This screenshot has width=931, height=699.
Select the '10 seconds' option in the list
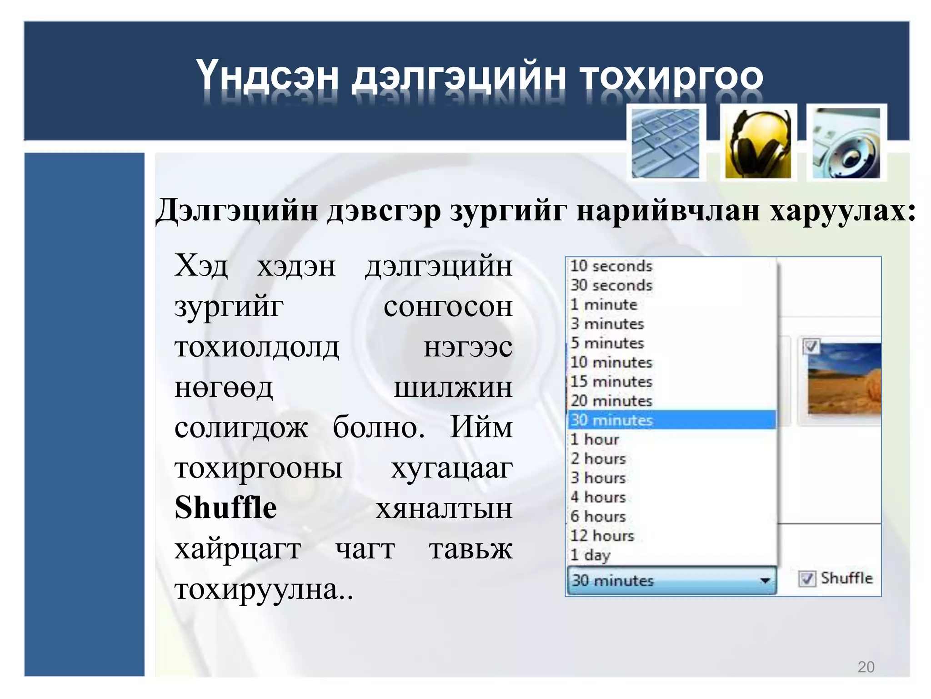point(611,266)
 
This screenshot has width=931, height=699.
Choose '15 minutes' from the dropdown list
point(611,381)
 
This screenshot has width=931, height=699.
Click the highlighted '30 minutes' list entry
point(611,420)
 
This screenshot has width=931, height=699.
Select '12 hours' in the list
point(602,536)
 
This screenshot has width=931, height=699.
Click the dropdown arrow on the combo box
point(765,580)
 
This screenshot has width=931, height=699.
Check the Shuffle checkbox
point(806,579)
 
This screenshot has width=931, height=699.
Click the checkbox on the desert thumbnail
point(811,346)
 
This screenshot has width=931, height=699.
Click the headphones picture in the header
point(758,143)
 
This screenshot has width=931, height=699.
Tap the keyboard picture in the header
point(666,143)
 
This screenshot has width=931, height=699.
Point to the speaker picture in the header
point(846,143)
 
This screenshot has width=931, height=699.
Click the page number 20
point(866,667)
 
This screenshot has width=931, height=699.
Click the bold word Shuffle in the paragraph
point(225,508)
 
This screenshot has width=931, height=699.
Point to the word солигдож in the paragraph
point(241,428)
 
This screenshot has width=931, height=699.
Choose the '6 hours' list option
point(598,517)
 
